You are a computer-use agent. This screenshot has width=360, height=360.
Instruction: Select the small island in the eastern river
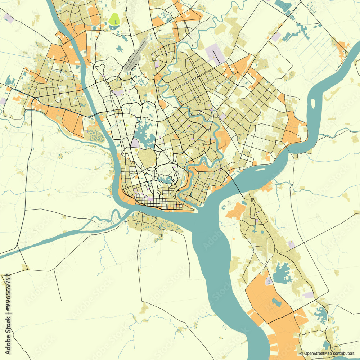313,103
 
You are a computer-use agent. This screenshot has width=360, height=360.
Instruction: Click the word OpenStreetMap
318,353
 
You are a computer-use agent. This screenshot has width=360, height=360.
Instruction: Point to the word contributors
343,353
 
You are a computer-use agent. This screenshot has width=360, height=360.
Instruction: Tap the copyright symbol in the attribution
301,353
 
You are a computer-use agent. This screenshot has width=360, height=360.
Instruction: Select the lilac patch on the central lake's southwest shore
135,143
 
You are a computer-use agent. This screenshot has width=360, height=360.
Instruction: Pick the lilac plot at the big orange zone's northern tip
269,281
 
